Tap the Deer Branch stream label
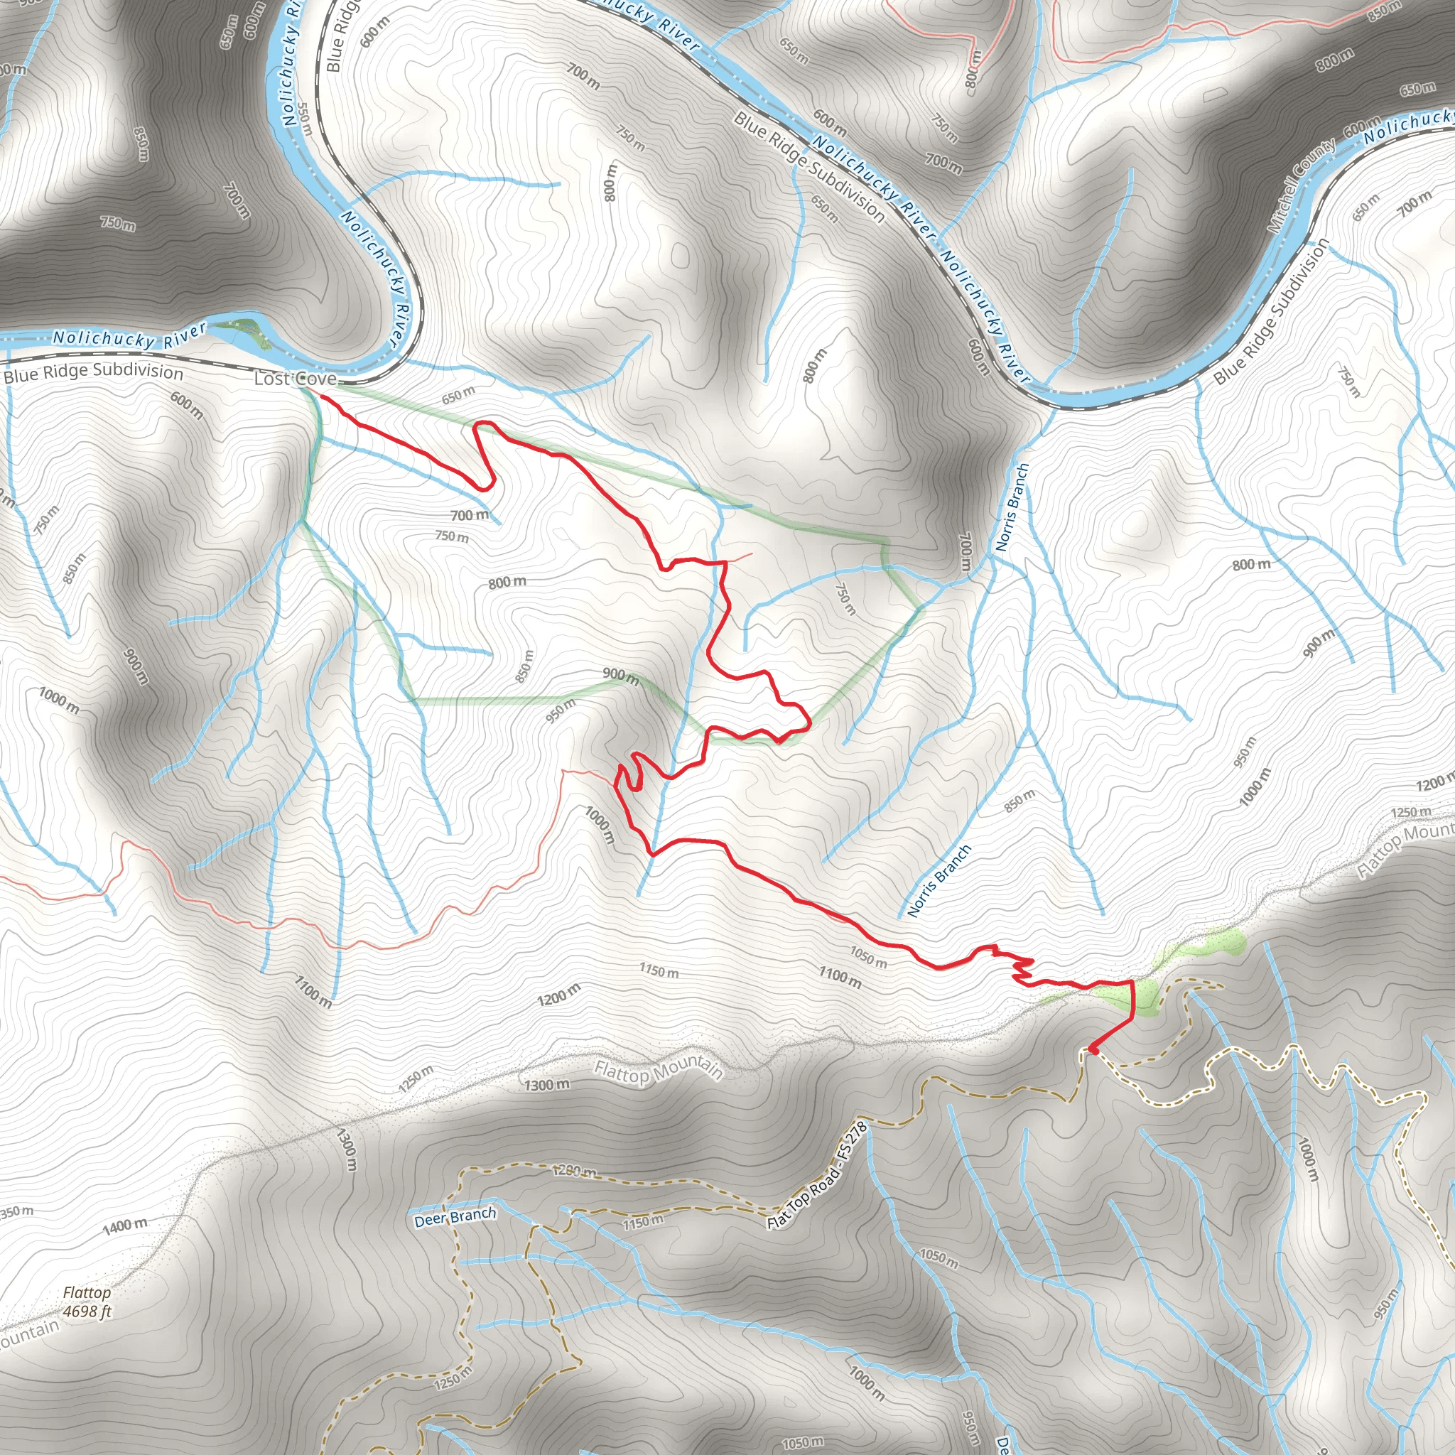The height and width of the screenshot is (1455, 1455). coord(455,1217)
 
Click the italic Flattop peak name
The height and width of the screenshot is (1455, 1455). coord(87,1292)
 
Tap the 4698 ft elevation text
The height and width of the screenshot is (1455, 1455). coord(87,1311)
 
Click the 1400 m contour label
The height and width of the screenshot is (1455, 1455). coord(125,1226)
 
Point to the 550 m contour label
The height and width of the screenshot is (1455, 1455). coord(305,119)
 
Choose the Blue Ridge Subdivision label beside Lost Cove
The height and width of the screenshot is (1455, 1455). coord(93,373)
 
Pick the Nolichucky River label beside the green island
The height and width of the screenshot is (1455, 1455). coord(129,337)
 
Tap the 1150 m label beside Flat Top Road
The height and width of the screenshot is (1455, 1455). coord(643,1221)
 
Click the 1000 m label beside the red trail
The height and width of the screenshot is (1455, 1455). coord(600,826)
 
